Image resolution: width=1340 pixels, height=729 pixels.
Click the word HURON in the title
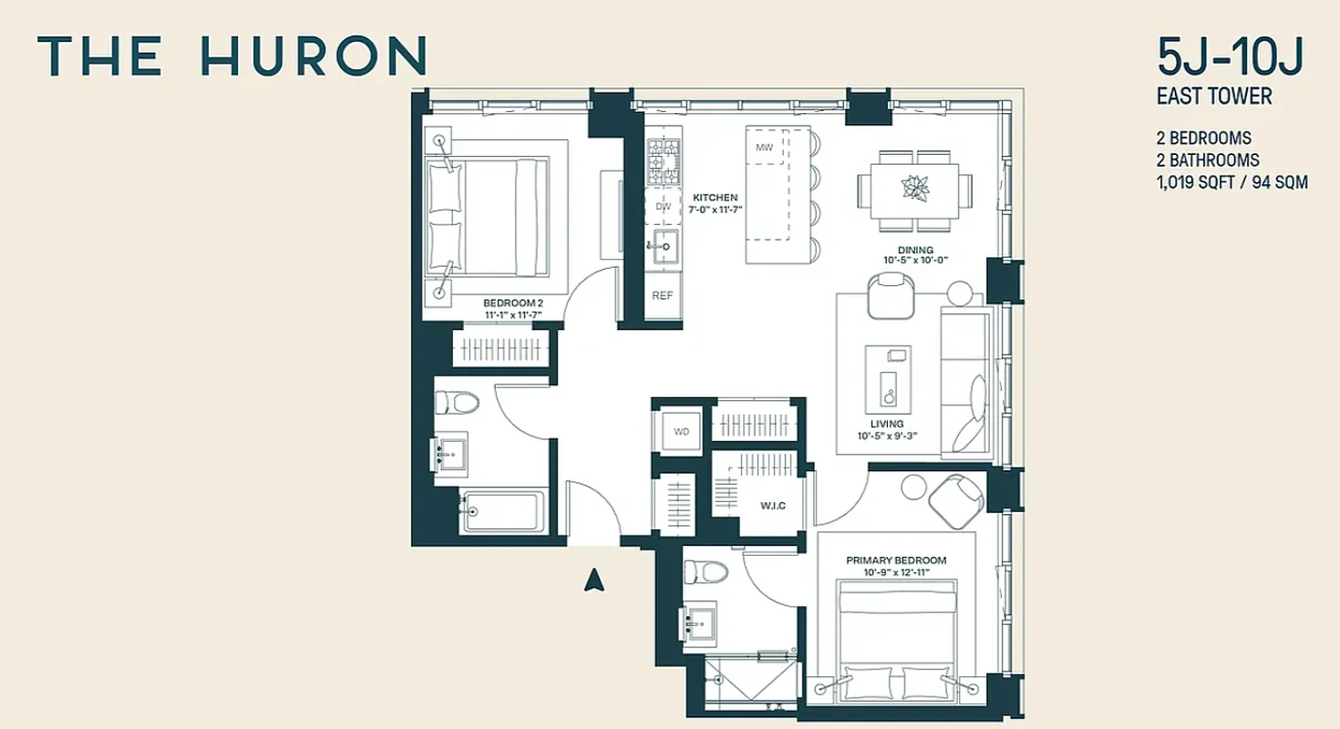coord(313,56)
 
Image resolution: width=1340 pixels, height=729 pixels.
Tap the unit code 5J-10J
coord(1231,59)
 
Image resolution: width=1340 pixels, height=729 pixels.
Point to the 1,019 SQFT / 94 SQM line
coord(1232,182)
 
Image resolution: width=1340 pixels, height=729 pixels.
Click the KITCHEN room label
coord(715,198)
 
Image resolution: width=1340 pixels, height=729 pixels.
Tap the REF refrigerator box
coord(663,296)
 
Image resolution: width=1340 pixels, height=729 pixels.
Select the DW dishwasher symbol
coord(663,207)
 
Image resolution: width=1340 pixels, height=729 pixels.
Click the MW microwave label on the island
coord(764,147)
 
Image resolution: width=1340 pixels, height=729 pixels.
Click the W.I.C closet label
coord(773,505)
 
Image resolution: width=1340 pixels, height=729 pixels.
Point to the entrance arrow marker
coord(594,580)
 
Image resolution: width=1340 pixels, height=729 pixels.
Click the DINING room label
coord(915,250)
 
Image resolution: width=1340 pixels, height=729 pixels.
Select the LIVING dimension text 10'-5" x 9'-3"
coord(886,436)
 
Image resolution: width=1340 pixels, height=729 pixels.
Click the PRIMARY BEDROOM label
coord(895,560)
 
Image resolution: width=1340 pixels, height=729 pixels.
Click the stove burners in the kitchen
coord(664,159)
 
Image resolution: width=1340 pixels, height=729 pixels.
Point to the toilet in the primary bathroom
coord(707,572)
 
